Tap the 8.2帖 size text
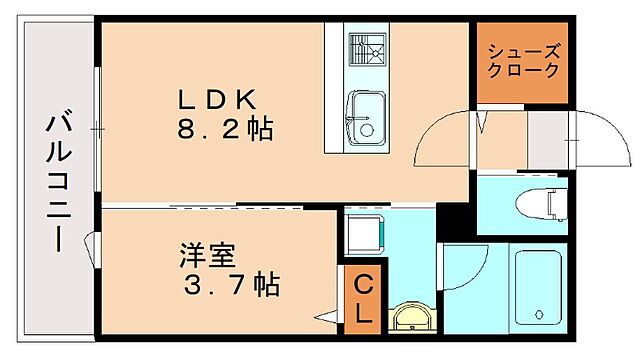click(x=226, y=129)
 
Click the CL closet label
click(x=360, y=296)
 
